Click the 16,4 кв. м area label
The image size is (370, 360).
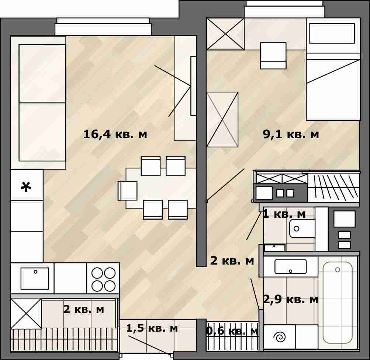click(115, 134)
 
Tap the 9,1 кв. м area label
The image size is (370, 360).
click(291, 134)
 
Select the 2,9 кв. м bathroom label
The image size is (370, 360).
click(291, 300)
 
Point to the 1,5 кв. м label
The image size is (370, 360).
click(152, 328)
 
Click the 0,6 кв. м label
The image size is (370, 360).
click(232, 331)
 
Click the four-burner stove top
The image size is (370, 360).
click(103, 279)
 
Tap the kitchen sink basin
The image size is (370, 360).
click(35, 279)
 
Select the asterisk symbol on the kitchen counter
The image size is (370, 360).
click(26, 187)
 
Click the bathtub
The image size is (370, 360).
click(338, 303)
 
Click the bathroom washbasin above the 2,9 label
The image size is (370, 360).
click(290, 267)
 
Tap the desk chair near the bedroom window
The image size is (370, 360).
click(273, 56)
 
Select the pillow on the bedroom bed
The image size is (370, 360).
click(332, 33)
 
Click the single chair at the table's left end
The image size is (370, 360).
click(128, 191)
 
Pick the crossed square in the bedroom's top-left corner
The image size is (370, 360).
click(225, 34)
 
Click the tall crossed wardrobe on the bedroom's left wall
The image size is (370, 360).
click(222, 119)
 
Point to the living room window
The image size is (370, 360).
click(103, 27)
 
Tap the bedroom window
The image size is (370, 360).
click(284, 10)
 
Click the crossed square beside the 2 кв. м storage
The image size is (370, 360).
click(26, 314)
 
